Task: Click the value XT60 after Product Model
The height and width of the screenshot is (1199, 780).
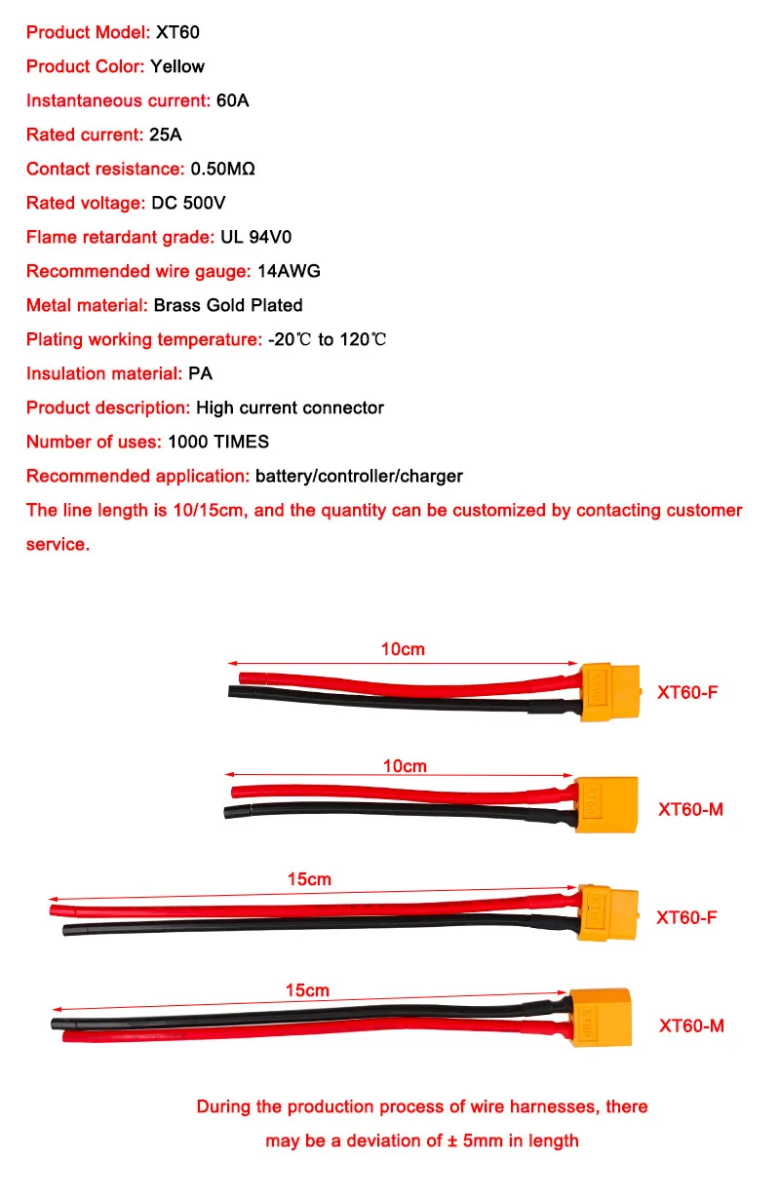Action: tap(177, 32)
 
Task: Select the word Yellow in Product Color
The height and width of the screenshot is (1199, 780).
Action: tap(177, 66)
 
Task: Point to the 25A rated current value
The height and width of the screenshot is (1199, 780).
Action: tap(164, 135)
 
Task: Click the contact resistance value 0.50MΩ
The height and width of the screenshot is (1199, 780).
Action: tap(222, 169)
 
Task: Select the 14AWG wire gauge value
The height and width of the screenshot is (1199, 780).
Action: tap(289, 271)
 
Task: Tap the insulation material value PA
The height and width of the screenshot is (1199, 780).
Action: tap(200, 373)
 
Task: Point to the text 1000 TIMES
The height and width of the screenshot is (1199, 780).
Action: tap(218, 442)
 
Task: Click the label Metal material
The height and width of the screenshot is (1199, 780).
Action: tap(87, 305)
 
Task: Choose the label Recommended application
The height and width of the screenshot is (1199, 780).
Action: tap(137, 476)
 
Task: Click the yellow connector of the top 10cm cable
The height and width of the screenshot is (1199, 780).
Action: tap(609, 691)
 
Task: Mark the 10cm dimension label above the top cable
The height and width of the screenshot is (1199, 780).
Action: tap(403, 649)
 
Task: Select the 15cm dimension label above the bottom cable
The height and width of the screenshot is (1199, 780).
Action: tap(307, 990)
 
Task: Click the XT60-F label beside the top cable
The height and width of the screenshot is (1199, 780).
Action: tap(688, 693)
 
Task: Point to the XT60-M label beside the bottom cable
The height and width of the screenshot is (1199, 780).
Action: tap(691, 1025)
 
